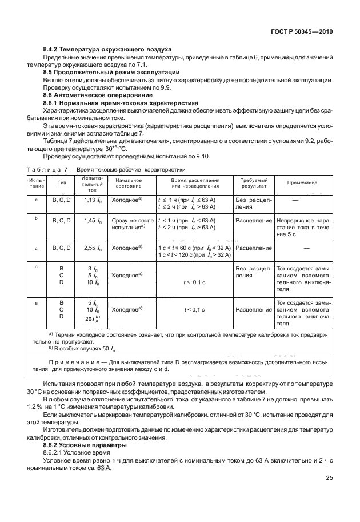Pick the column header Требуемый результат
coord(253,182)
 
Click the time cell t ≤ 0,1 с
coord(194,282)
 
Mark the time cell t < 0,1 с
coord(194,309)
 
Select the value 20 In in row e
coord(93,318)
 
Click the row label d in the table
coord(37,266)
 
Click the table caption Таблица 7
coord(50,169)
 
